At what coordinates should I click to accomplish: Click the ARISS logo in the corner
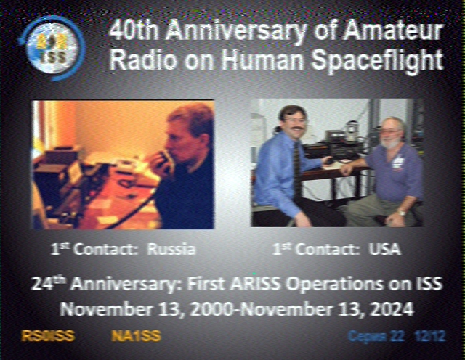pos(52,49)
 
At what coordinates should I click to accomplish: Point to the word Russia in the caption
pos(171,249)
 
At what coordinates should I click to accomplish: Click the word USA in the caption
pos(384,249)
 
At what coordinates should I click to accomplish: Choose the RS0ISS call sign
pos(48,336)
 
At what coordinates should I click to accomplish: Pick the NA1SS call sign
pos(136,336)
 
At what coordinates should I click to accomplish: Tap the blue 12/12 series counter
pos(430,336)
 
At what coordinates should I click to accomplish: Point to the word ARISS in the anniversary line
pos(255,284)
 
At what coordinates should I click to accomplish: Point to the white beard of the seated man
pos(391,143)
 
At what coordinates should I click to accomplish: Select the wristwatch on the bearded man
pos(401,213)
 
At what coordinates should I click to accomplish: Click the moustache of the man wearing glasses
pos(297,128)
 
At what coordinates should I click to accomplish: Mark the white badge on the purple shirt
pos(397,163)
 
